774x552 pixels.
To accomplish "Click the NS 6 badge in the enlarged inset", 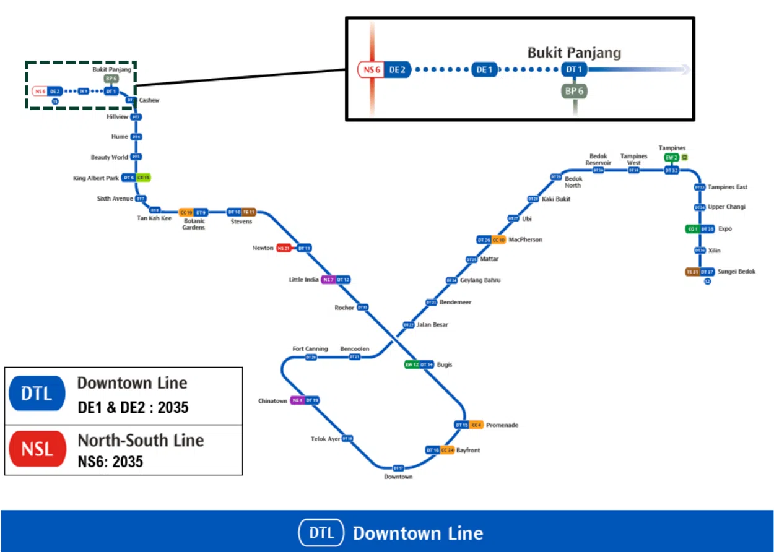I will (372, 70).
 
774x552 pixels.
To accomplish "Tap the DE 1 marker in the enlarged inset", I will (485, 70).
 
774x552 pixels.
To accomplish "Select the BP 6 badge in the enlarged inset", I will (574, 92).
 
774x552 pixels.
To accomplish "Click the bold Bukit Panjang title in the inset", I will (574, 53).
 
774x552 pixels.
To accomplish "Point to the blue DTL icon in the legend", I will (37, 394).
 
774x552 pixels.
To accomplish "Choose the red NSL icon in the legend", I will (37, 449).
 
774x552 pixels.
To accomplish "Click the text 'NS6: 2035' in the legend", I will (110, 462).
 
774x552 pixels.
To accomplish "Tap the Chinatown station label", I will (272, 401).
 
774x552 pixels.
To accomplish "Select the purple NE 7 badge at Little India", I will (328, 280).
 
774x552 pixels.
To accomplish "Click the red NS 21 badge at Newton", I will (284, 248).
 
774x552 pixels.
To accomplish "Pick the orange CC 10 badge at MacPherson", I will (498, 239).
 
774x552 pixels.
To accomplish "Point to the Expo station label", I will (724, 229).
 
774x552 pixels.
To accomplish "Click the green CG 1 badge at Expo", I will (692, 229).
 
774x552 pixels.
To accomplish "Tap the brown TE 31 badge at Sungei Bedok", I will (692, 272).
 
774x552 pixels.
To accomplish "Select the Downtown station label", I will (398, 477).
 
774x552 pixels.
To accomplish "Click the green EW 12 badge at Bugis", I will (412, 364).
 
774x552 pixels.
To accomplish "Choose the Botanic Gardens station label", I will (194, 223).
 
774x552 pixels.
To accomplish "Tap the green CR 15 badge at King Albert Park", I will (144, 178).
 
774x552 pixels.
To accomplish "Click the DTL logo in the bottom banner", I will (321, 533).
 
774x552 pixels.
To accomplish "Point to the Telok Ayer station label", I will (326, 439).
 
